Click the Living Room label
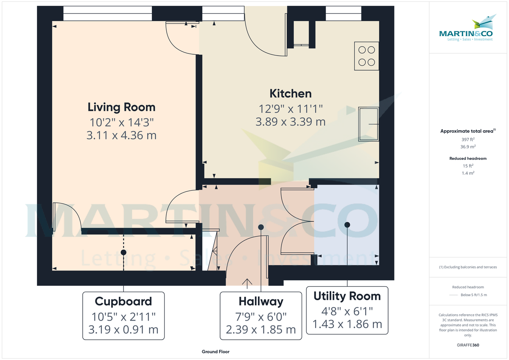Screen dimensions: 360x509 [x=121, y=107]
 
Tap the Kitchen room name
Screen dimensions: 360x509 [x=291, y=93]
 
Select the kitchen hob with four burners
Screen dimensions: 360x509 [x=366, y=56]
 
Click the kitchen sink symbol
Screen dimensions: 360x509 [x=368, y=124]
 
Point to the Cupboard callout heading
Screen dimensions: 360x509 [x=123, y=301]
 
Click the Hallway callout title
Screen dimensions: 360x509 [x=260, y=301]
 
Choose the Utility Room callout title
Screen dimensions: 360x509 [x=347, y=296]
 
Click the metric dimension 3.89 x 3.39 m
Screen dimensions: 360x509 [x=291, y=122]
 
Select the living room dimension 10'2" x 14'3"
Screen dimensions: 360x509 [x=121, y=122]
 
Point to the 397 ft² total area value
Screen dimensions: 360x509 [x=468, y=139]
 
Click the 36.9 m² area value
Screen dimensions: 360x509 [x=468, y=147]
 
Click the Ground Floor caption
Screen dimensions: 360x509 [x=216, y=352]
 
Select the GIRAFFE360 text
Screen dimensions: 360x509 [x=468, y=345]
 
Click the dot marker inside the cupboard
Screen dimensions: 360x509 [x=123, y=252]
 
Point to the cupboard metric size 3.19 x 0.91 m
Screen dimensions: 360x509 [x=123, y=329]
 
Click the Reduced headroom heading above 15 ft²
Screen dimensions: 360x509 [x=468, y=158]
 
